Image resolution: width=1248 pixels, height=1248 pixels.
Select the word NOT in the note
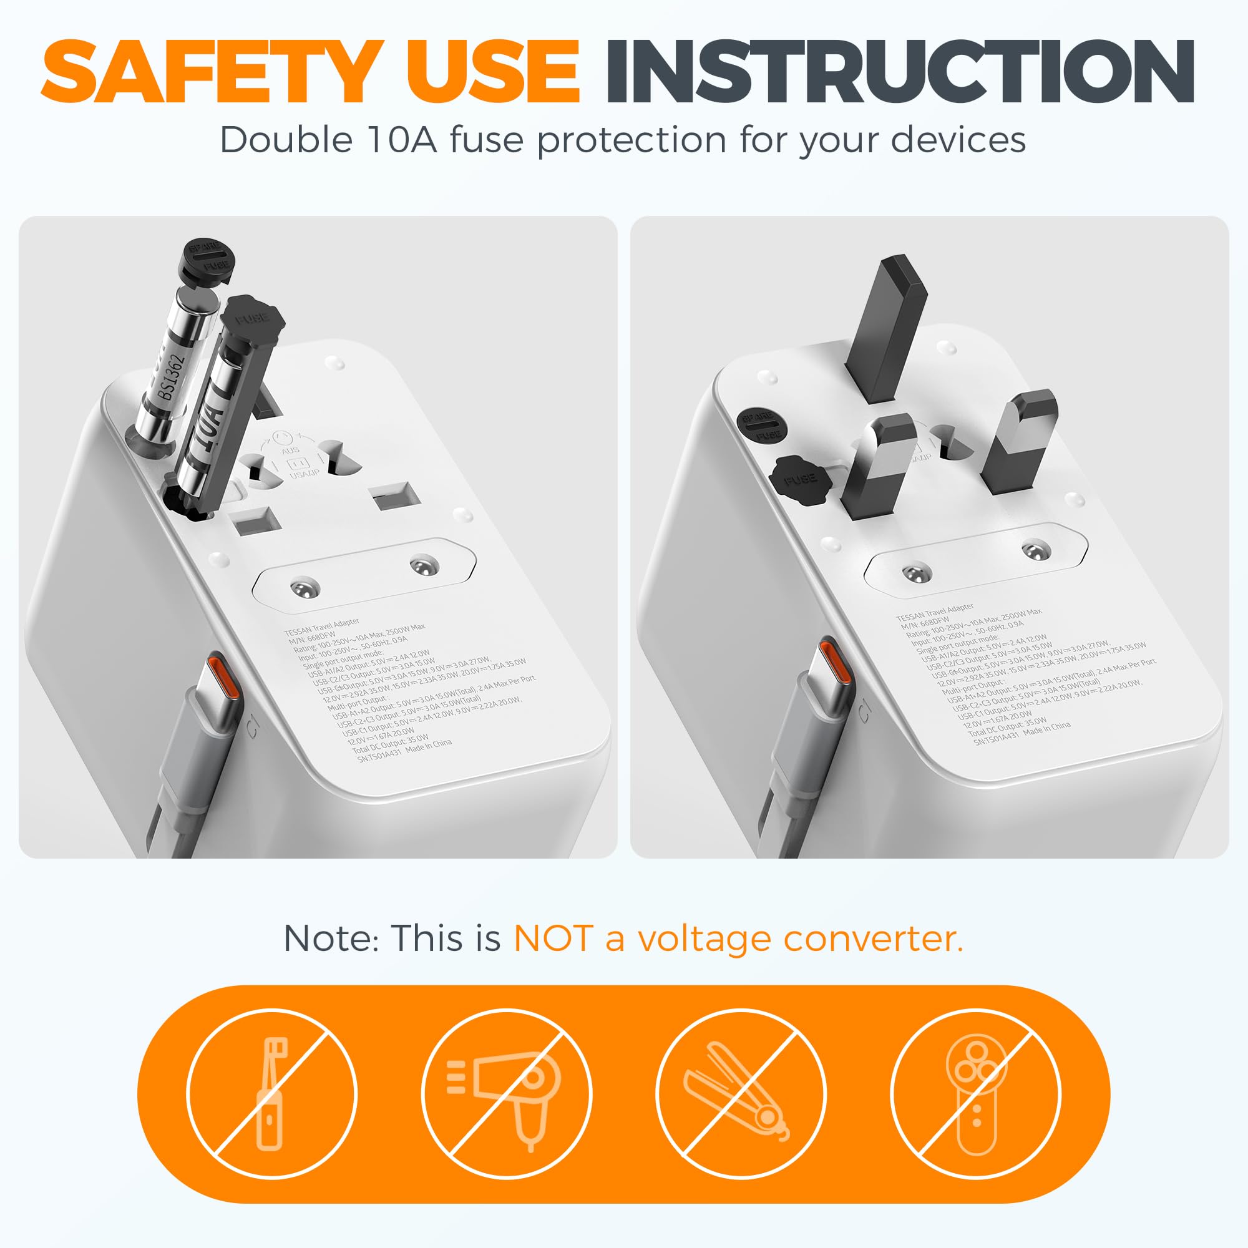click(553, 938)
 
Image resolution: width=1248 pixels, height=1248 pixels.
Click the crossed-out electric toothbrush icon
click(271, 1094)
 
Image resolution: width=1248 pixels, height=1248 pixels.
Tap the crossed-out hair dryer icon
click(507, 1094)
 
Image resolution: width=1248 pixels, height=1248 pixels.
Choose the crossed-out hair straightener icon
click(740, 1094)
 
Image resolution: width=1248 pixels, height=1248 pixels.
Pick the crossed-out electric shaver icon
click(975, 1094)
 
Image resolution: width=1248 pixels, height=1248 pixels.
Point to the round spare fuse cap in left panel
click(207, 257)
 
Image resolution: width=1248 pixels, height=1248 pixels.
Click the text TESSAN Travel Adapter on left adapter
click(321, 626)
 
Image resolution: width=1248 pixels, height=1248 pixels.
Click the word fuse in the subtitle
click(485, 140)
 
